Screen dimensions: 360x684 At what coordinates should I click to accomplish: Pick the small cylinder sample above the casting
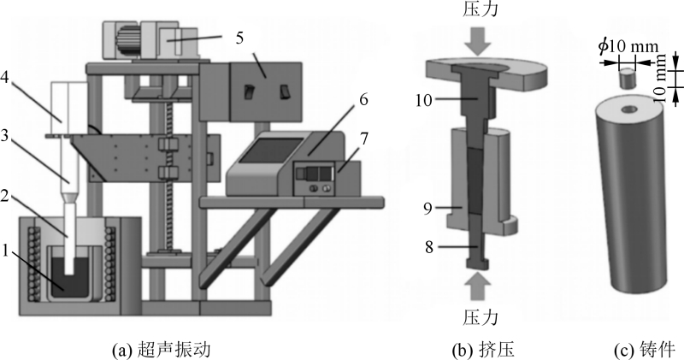pos(627,79)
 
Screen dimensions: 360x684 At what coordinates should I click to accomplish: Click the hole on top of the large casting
pos(628,109)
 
